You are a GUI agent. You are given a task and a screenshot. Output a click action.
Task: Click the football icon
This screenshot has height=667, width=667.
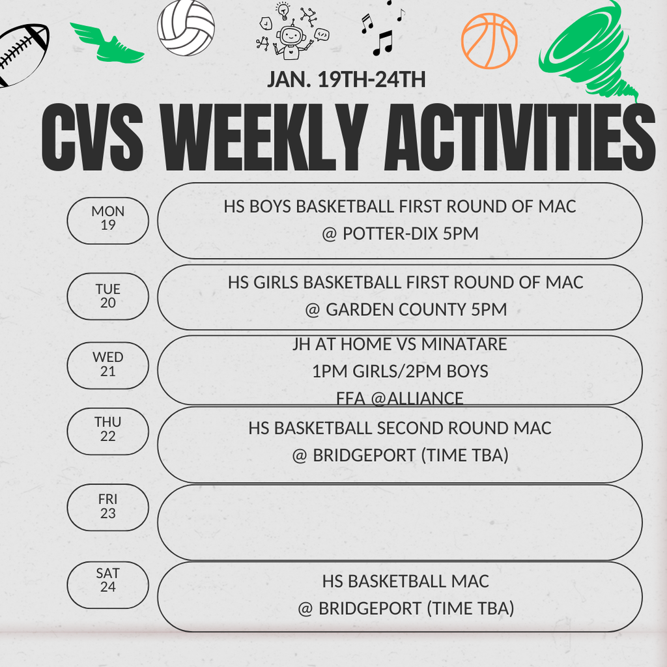pos(22,55)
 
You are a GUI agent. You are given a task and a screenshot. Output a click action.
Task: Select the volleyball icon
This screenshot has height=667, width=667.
pos(186,28)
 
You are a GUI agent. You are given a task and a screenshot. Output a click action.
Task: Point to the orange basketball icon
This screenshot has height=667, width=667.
pos(489,40)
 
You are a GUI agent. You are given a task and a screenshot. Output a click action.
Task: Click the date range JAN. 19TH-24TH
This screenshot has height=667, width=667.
pos(347,80)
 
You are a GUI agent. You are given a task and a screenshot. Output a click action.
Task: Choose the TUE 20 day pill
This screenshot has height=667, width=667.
pos(108,296)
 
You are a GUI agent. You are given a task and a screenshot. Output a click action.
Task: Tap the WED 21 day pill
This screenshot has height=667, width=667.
pos(108,365)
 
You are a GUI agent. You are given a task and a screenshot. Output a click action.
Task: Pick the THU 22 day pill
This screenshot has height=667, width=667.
pos(108,430)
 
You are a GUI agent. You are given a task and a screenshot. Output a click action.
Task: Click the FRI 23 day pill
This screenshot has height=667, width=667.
pos(108,507)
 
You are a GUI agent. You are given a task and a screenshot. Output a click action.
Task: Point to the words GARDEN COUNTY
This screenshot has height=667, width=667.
pos(396,310)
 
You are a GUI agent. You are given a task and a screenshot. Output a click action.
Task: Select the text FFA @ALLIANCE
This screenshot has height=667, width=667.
pos(400,399)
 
